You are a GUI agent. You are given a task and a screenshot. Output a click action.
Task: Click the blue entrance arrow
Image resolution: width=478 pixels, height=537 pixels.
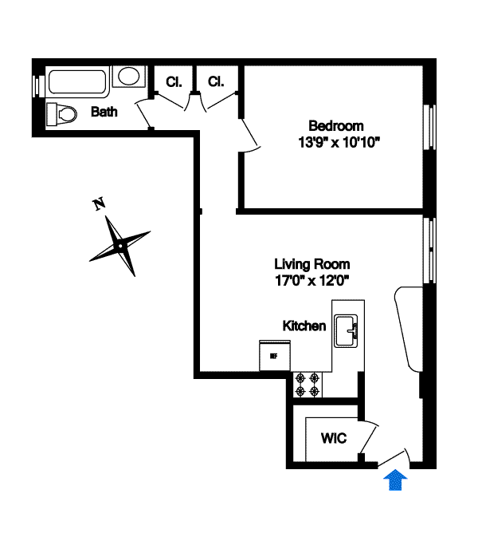point(396,480)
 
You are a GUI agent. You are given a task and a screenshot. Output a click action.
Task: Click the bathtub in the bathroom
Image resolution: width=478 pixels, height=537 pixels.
point(77,81)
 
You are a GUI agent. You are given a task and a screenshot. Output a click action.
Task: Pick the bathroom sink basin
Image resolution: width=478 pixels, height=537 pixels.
point(128,77)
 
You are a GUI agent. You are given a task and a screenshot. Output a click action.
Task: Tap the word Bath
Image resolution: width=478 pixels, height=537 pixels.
point(104,112)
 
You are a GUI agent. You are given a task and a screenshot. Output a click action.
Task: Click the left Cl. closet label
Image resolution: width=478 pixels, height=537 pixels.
point(174,81)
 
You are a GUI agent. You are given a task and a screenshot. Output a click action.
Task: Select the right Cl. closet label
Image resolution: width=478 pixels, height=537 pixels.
point(216,81)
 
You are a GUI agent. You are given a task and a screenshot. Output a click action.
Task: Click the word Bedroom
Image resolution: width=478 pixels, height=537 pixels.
point(336,125)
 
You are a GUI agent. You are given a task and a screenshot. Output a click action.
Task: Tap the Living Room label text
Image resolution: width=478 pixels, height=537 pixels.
point(311,264)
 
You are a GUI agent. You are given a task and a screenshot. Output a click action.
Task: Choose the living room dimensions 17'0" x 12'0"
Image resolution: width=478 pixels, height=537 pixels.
point(311,280)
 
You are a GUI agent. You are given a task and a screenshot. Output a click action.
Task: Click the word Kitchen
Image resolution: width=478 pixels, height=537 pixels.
point(304,326)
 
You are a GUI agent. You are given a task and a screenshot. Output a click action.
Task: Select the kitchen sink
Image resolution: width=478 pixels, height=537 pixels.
point(347,330)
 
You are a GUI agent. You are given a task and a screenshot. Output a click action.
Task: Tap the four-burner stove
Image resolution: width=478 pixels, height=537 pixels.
point(308,385)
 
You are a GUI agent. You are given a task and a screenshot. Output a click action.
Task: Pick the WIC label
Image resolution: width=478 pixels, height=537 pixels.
point(333,439)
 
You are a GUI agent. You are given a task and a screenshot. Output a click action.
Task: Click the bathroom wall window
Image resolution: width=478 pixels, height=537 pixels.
point(35,85)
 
